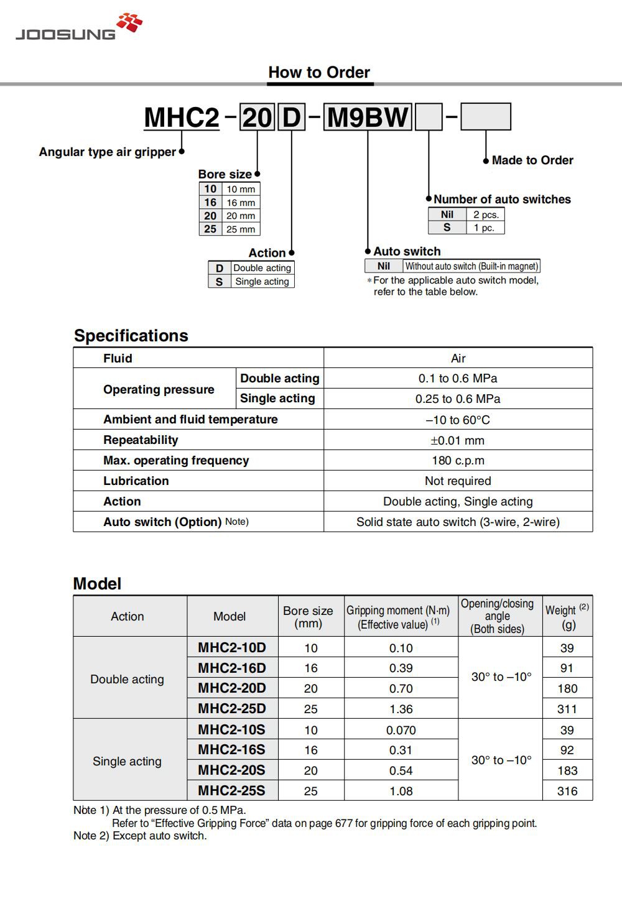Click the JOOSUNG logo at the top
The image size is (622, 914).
79,27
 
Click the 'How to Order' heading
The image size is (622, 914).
319,72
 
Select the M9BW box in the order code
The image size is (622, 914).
368,118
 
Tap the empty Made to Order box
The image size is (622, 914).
485,117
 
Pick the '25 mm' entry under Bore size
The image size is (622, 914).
241,229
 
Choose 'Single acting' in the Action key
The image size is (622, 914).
262,282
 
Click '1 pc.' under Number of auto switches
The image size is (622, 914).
484,228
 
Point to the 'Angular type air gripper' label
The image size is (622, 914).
107,152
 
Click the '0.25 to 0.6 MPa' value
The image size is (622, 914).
458,399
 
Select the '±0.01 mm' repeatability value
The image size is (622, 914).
458,440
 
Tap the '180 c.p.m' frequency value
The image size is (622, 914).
458,461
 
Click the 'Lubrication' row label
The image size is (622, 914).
136,481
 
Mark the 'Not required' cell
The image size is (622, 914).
458,481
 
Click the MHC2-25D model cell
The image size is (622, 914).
231,709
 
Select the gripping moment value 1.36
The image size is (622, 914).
401,709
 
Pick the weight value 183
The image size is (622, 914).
567,770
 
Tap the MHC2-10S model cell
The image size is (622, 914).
231,729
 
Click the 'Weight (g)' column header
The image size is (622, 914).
567,617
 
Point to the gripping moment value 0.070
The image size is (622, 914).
401,730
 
